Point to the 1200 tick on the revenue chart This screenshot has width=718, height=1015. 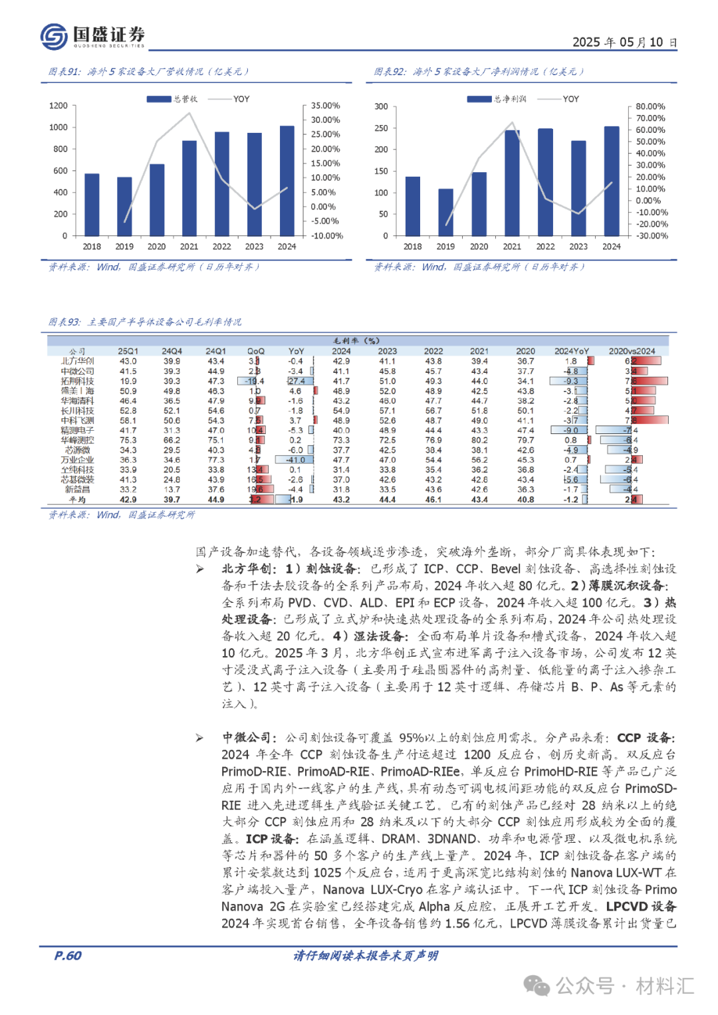pyautogui.click(x=59, y=106)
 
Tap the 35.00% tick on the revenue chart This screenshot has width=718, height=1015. pyautogui.click(x=326, y=106)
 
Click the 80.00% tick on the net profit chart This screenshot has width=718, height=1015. pyautogui.click(x=650, y=106)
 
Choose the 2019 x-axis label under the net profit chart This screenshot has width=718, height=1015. pyautogui.click(x=445, y=247)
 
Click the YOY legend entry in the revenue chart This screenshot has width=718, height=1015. pyautogui.click(x=241, y=99)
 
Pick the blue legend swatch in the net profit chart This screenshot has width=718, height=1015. pyautogui.click(x=479, y=99)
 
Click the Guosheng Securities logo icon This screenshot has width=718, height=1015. pyautogui.click(x=54, y=36)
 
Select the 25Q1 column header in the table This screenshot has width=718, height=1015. pyautogui.click(x=128, y=351)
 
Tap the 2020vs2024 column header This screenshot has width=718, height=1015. pyautogui.click(x=632, y=351)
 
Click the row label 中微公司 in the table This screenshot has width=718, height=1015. pyautogui.click(x=77, y=372)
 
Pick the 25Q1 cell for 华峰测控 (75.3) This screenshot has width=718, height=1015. pyautogui.click(x=128, y=440)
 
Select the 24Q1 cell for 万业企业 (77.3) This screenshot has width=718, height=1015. pyautogui.click(x=216, y=460)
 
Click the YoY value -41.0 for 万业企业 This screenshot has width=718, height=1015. pyautogui.click(x=296, y=460)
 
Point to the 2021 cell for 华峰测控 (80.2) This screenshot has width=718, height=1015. pyautogui.click(x=479, y=440)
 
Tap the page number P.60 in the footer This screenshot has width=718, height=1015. pyautogui.click(x=68, y=956)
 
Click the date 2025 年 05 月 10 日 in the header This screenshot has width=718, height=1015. pyautogui.click(x=624, y=43)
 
